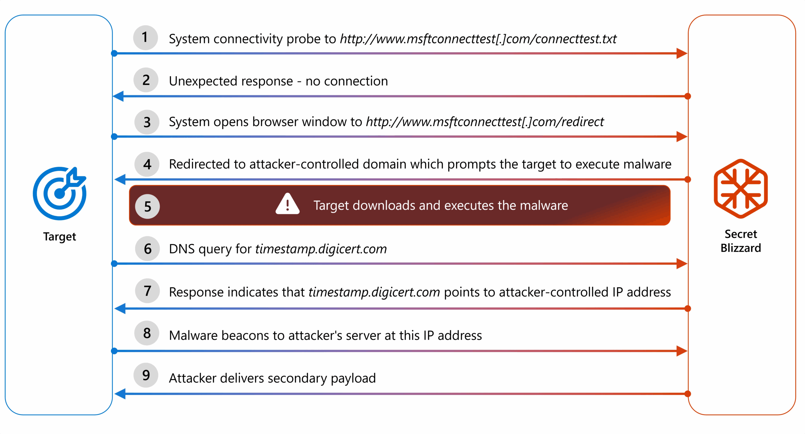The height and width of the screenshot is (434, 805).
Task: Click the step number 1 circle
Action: click(145, 38)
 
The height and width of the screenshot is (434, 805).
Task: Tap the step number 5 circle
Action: click(147, 206)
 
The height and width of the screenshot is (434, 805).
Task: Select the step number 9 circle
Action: click(146, 375)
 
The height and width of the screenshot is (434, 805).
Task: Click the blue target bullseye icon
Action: click(60, 193)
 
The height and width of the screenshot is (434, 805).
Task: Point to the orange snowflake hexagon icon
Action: click(741, 189)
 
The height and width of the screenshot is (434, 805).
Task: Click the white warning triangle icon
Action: click(287, 204)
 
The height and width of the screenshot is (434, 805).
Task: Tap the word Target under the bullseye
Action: click(60, 237)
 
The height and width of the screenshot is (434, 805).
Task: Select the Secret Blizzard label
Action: click(741, 241)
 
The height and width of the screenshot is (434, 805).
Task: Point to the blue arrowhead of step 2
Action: click(118, 96)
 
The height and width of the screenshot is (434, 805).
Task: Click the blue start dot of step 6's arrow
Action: click(114, 264)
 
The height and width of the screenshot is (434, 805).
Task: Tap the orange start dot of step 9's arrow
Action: click(688, 394)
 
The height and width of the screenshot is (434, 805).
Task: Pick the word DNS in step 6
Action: click(182, 249)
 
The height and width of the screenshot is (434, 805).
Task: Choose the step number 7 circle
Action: click(147, 291)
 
